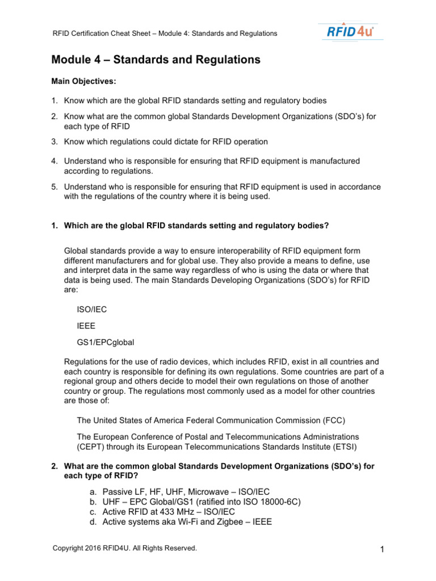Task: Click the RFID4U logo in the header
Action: point(350,31)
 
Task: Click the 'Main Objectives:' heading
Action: point(83,81)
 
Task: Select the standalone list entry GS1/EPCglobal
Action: point(106,342)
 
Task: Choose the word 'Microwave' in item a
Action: point(195,491)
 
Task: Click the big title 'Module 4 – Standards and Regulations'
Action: point(156,60)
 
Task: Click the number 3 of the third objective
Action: point(54,141)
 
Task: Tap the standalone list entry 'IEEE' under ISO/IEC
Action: point(86,326)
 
